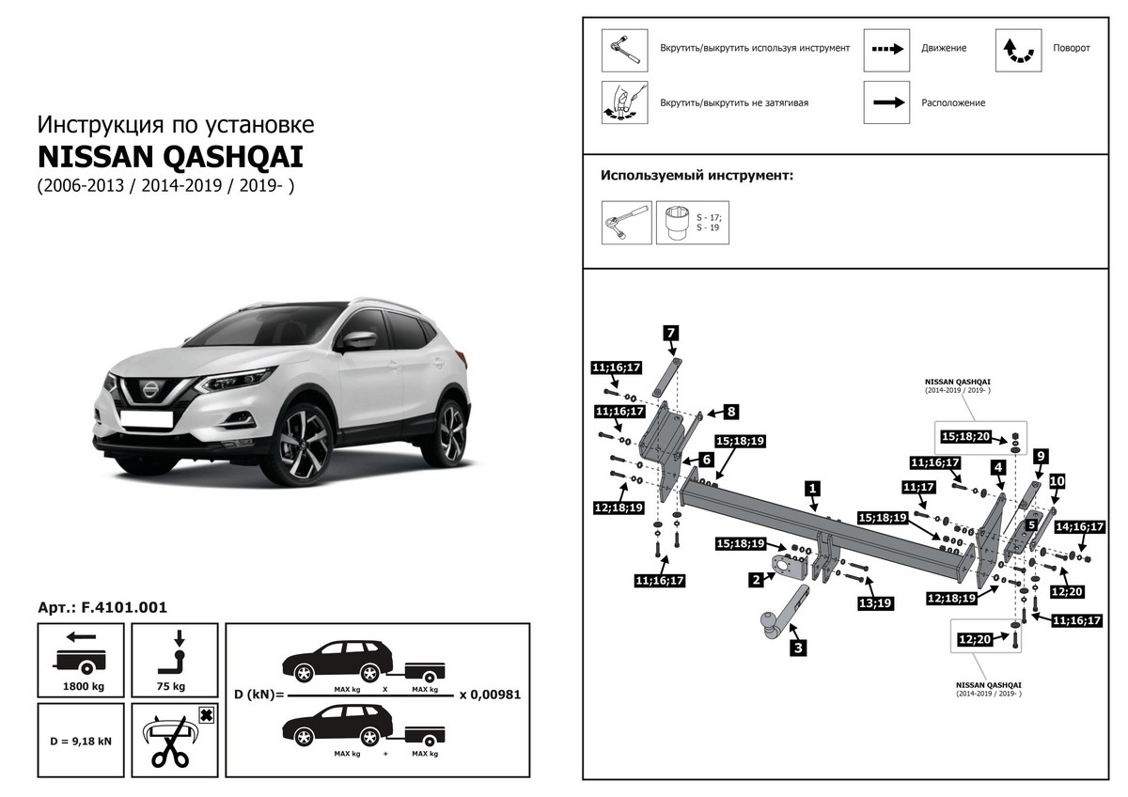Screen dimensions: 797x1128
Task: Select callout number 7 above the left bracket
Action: click(x=671, y=332)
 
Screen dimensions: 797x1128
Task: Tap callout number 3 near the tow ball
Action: click(x=798, y=647)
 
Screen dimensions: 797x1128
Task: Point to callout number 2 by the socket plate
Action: click(x=756, y=580)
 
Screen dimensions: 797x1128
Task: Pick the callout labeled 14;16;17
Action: click(x=1079, y=527)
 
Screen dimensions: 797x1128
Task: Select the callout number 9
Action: click(x=1040, y=457)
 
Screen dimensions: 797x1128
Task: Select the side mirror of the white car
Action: click(x=358, y=340)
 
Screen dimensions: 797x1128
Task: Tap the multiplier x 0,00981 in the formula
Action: click(x=490, y=695)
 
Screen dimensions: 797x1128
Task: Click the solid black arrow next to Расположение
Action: click(x=887, y=102)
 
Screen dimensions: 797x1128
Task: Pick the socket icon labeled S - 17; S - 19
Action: click(x=678, y=223)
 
